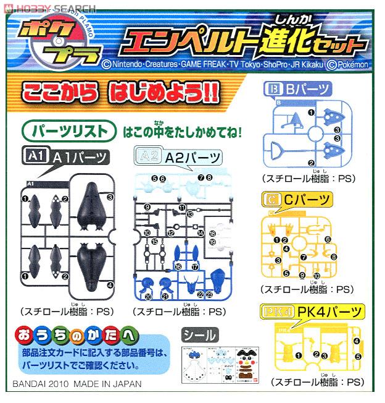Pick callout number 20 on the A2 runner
point(148,295)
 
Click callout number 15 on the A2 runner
point(155,241)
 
